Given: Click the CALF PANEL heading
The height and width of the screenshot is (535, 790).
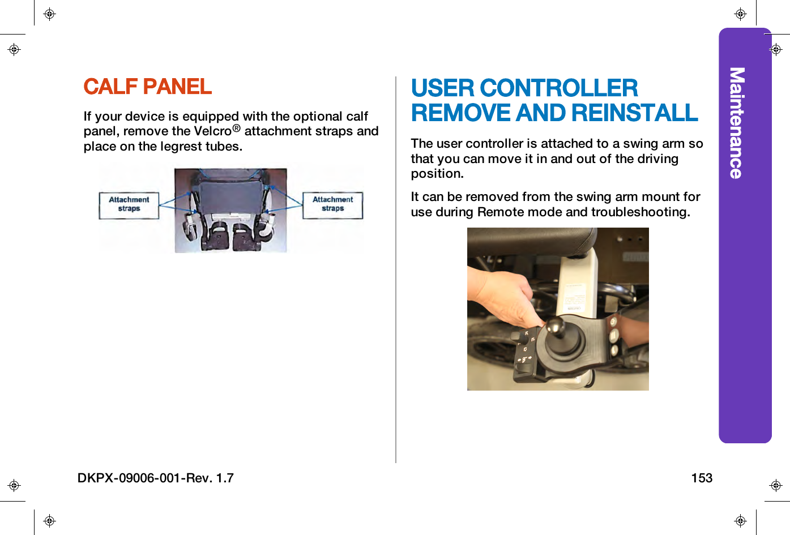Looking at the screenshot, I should (147, 87).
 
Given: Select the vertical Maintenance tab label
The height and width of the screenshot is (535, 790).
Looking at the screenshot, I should (736, 123).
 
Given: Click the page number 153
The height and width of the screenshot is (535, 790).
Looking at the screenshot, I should (701, 478).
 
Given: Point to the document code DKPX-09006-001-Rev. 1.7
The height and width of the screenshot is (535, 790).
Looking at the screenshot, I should (156, 478).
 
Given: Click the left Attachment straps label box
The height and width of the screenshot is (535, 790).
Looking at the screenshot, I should (129, 204).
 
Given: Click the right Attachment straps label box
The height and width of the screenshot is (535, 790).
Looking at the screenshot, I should (332, 204).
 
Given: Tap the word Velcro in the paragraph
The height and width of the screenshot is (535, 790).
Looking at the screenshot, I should (212, 131).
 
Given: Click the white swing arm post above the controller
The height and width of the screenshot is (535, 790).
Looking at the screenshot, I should (578, 286).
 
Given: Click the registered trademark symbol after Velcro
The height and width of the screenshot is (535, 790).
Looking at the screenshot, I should (237, 129).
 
